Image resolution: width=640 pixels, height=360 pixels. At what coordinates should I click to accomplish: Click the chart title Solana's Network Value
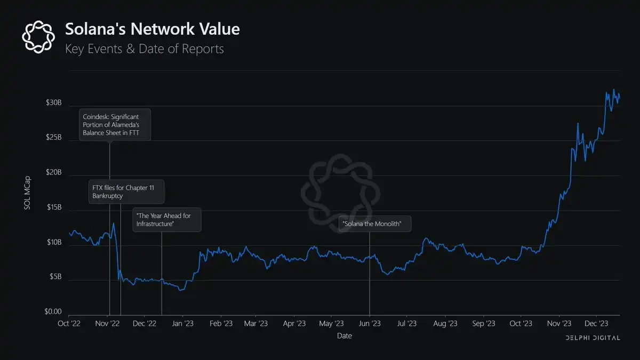[152, 29]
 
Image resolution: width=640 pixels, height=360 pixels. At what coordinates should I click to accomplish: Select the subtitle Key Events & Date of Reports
[144, 49]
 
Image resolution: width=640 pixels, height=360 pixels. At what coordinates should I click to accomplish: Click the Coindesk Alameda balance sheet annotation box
[115, 125]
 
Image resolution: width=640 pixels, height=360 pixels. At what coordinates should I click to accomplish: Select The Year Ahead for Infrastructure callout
[167, 219]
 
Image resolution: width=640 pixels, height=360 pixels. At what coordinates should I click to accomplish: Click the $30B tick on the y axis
[54, 103]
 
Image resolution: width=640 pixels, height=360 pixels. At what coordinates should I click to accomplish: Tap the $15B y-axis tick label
[54, 207]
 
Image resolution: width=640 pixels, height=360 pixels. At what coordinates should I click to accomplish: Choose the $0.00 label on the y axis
[53, 311]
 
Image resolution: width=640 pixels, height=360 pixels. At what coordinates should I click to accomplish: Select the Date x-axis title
[344, 336]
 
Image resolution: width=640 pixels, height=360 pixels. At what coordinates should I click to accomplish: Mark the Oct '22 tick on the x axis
[69, 323]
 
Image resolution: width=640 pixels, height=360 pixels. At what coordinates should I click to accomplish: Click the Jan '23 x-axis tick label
[183, 323]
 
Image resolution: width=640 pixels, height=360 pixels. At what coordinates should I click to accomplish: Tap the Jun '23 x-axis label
[370, 323]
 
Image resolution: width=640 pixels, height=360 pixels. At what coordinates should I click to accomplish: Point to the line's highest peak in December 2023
[613, 90]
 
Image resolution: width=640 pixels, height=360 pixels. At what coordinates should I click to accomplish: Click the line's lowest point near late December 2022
[181, 291]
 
